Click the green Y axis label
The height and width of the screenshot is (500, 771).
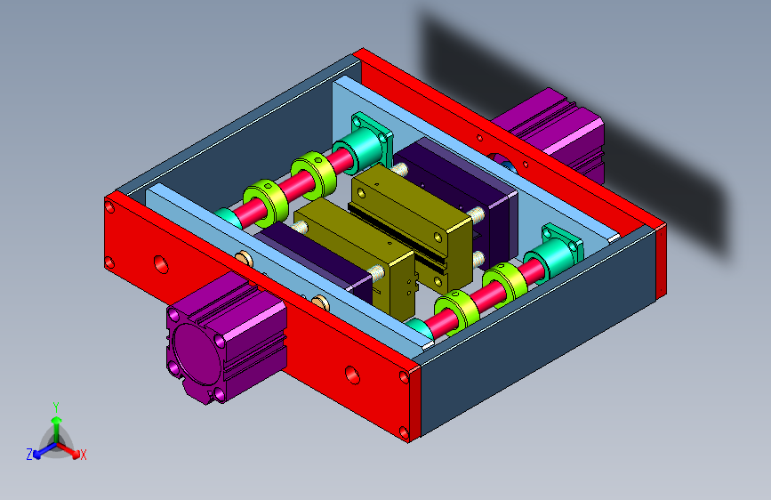[x=56, y=407]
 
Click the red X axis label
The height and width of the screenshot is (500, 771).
[x=83, y=455]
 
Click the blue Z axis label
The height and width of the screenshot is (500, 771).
[x=29, y=455]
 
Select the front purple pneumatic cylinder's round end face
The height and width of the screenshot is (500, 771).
[x=196, y=354]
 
